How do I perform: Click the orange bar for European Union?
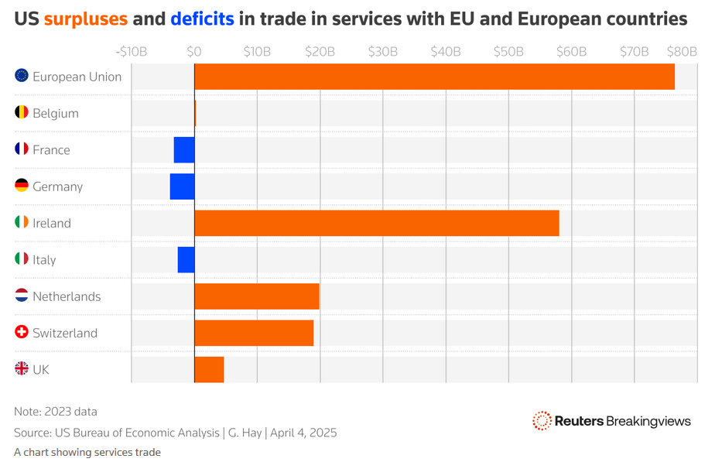pyautogui.click(x=434, y=77)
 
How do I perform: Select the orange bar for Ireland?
pyautogui.click(x=376, y=223)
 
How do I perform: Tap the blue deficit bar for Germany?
pyautogui.click(x=183, y=187)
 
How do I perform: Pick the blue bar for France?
pyautogui.click(x=184, y=150)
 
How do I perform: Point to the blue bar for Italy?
pyautogui.click(x=186, y=260)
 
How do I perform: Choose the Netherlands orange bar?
pyautogui.click(x=257, y=296)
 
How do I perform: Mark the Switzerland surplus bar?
pyautogui.click(x=254, y=333)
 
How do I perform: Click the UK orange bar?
pyautogui.click(x=209, y=369)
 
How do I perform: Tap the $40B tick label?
pyautogui.click(x=446, y=52)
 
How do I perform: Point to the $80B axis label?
pyautogui.click(x=681, y=52)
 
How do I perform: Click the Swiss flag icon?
pyautogui.click(x=22, y=333)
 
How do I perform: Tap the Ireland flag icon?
pyautogui.click(x=22, y=223)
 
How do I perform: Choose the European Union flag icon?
pyautogui.click(x=22, y=76)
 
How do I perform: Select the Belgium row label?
pyautogui.click(x=56, y=113)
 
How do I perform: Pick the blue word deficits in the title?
pyautogui.click(x=202, y=18)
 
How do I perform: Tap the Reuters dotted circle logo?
pyautogui.click(x=542, y=420)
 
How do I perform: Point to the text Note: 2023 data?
pyautogui.click(x=56, y=412)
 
